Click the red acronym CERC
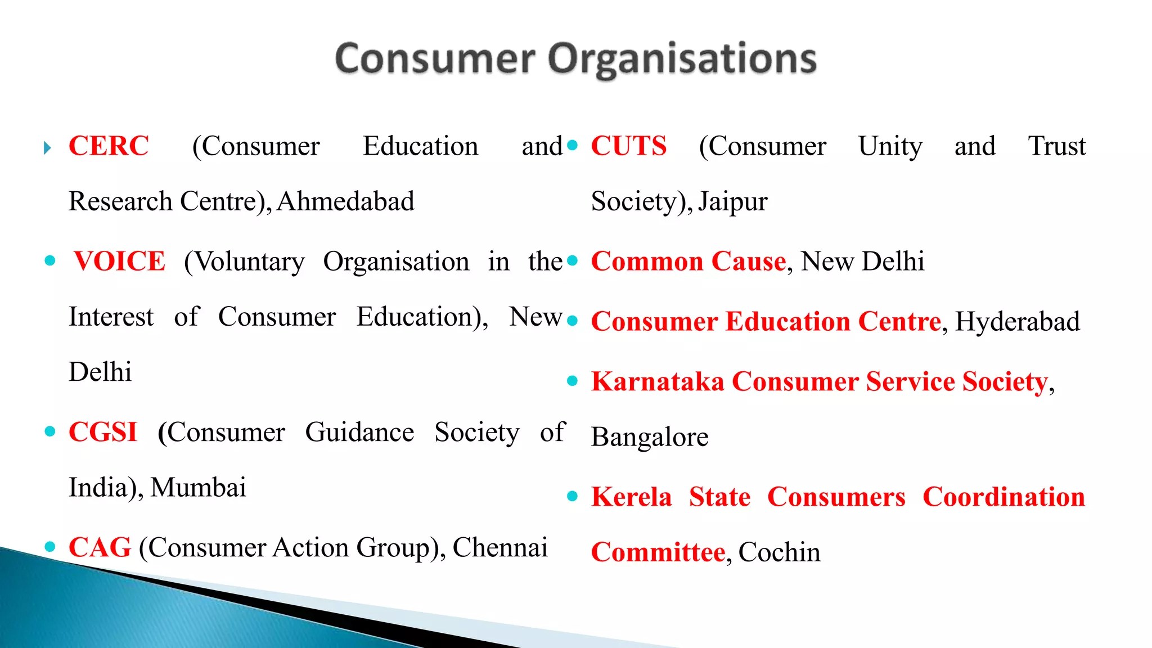(x=109, y=146)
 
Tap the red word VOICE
(x=119, y=262)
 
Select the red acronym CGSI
(x=103, y=433)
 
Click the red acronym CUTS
(x=628, y=146)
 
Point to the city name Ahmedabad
(x=345, y=201)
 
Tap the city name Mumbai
(x=198, y=488)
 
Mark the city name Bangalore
(x=650, y=438)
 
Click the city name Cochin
(x=779, y=552)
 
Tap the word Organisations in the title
(x=682, y=60)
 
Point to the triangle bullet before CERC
(x=48, y=148)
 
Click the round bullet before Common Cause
(x=573, y=260)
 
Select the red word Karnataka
(x=658, y=382)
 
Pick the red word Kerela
(x=631, y=497)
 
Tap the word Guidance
(x=359, y=433)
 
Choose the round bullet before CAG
(x=50, y=546)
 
